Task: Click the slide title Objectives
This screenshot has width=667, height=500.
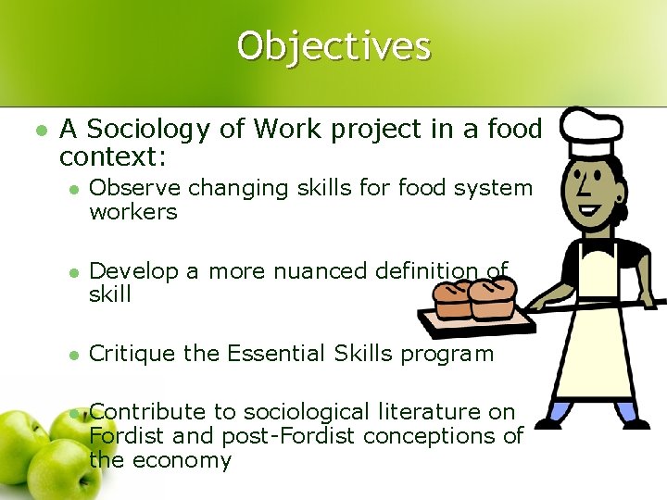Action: coord(333,45)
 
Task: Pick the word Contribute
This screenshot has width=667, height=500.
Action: coord(148,411)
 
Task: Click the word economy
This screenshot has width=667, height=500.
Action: coord(182,460)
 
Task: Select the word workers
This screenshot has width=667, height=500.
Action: coord(132,212)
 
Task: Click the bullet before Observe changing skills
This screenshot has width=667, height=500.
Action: coord(72,189)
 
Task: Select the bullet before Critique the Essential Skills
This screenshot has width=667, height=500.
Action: coord(72,355)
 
